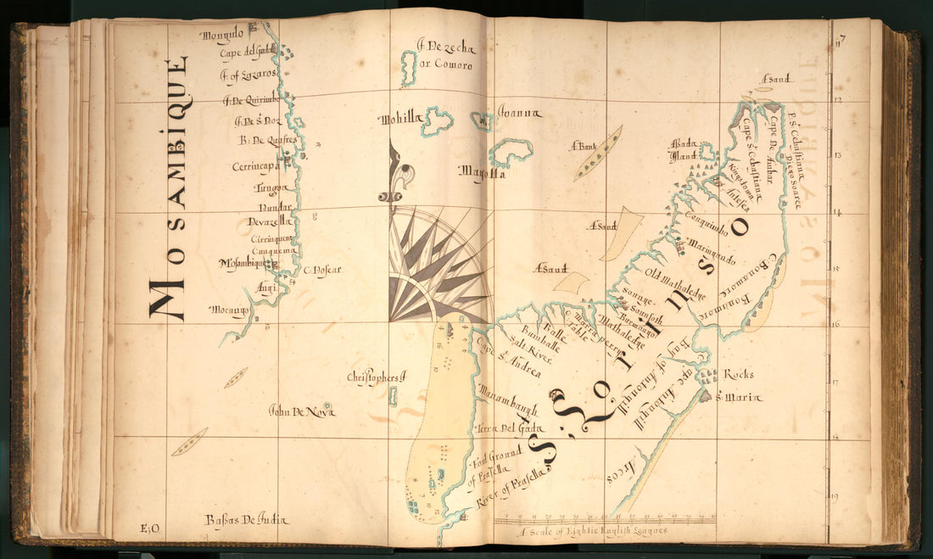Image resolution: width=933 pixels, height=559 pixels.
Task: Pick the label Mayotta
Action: [482, 172]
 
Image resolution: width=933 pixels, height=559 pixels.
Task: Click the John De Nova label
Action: [301, 411]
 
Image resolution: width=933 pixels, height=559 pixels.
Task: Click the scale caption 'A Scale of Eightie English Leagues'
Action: [595, 530]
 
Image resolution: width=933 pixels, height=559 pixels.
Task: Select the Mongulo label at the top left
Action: [222, 36]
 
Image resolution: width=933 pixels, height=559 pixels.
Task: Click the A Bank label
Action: [584, 146]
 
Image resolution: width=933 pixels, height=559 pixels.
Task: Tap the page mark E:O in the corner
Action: [151, 529]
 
